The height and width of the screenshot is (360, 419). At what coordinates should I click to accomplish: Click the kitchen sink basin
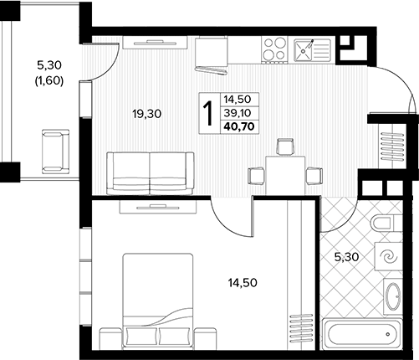click(303, 50)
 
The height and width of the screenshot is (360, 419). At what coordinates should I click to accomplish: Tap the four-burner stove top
click(274, 49)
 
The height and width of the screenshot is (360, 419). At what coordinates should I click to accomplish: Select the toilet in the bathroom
click(383, 223)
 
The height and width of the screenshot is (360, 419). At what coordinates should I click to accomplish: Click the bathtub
click(362, 334)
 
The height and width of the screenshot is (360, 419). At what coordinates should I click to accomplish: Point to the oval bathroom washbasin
click(393, 296)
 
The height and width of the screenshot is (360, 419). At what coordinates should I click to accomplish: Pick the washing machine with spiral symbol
click(389, 256)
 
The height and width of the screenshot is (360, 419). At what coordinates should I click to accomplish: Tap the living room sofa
click(151, 173)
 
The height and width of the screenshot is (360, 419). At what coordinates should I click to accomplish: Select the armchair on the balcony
click(55, 152)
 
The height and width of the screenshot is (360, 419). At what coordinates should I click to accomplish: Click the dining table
click(285, 176)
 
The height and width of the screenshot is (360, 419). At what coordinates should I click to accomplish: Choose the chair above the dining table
click(285, 147)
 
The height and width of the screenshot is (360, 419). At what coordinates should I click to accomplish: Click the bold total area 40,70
click(239, 126)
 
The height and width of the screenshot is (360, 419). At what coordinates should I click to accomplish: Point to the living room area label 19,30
click(147, 114)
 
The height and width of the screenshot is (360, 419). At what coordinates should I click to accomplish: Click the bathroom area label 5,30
click(346, 257)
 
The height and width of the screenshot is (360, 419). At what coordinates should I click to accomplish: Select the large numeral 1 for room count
click(208, 113)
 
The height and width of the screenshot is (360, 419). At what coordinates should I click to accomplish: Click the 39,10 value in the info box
click(238, 113)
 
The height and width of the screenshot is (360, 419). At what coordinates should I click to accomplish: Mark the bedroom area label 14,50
click(243, 283)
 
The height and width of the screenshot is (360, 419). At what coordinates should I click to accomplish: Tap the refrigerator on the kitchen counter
click(211, 55)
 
